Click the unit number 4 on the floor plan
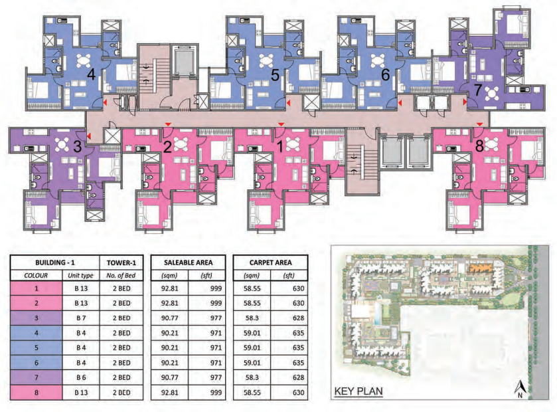click(92, 75)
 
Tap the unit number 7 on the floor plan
click(478, 90)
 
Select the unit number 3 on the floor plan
click(77, 146)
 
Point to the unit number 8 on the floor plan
click(479, 146)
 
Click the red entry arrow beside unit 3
click(89, 136)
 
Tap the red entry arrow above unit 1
click(281, 124)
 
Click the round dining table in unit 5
click(266, 60)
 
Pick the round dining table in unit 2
click(181, 144)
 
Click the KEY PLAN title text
click(358, 391)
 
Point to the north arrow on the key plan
click(520, 389)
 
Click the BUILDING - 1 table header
click(55, 262)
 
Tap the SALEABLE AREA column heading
click(189, 262)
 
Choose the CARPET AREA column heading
click(271, 262)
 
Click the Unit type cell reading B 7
click(81, 318)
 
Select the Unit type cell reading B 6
click(81, 377)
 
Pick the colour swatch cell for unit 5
click(37, 348)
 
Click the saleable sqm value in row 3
click(170, 318)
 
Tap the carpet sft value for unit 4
click(298, 333)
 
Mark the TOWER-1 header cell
click(121, 262)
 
